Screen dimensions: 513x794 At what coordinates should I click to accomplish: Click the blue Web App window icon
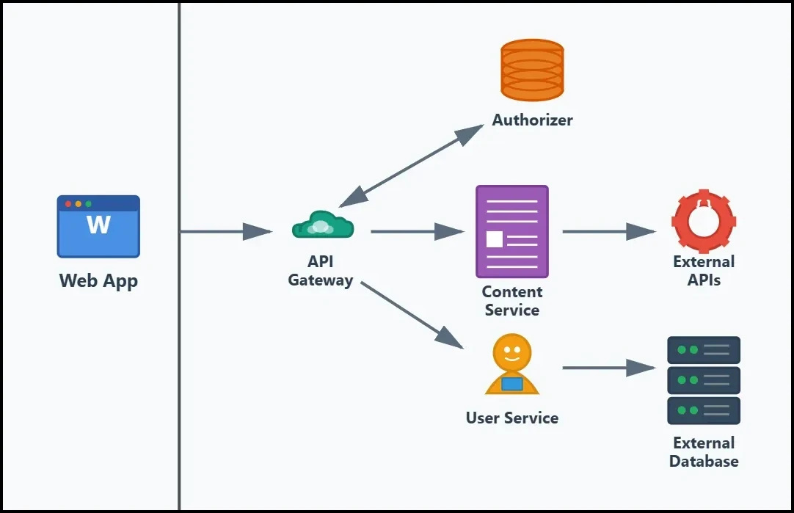pyautogui.click(x=98, y=226)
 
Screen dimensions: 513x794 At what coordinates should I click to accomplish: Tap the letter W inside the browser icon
pyautogui.click(x=98, y=225)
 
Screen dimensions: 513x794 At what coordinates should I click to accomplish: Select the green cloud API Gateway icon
pyautogui.click(x=322, y=225)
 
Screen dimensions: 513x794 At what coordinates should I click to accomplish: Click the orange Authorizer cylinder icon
pyautogui.click(x=532, y=70)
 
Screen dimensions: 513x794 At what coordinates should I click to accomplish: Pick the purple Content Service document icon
pyautogui.click(x=511, y=231)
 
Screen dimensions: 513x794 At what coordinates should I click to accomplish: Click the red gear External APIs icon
pyautogui.click(x=703, y=221)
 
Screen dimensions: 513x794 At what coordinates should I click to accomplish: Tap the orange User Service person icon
pyautogui.click(x=512, y=365)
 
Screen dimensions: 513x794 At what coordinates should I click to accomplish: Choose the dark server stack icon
pyautogui.click(x=703, y=380)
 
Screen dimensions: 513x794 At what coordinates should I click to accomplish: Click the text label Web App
pyautogui.click(x=98, y=281)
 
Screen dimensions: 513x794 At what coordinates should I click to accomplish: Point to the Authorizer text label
pyautogui.click(x=532, y=120)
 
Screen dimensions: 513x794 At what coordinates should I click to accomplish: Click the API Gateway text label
pyautogui.click(x=321, y=271)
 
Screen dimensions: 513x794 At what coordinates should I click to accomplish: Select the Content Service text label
pyautogui.click(x=511, y=301)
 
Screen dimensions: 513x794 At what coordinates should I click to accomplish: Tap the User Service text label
pyautogui.click(x=512, y=418)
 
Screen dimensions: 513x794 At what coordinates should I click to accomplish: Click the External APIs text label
pyautogui.click(x=703, y=271)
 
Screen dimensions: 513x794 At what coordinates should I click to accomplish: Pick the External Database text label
pyautogui.click(x=703, y=452)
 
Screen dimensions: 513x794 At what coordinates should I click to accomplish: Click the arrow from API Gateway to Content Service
pyautogui.click(x=417, y=232)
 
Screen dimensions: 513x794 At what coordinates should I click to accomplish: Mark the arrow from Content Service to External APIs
pyautogui.click(x=608, y=232)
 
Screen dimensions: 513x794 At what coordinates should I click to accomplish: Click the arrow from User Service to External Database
pyautogui.click(x=608, y=368)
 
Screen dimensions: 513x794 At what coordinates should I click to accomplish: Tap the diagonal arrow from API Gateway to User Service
pyautogui.click(x=412, y=314)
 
